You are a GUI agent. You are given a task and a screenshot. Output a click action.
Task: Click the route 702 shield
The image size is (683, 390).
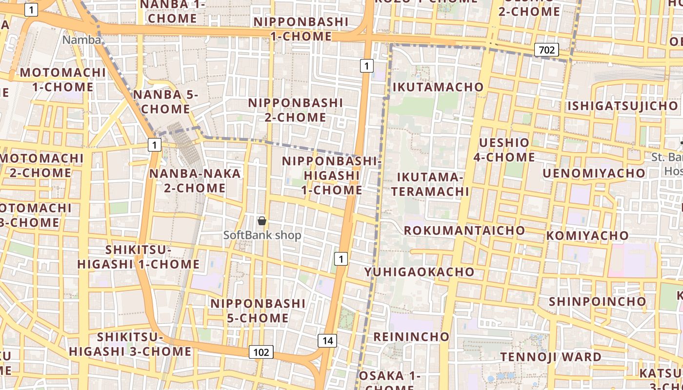(x=546, y=49)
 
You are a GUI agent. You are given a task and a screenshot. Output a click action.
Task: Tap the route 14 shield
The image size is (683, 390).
(x=327, y=341)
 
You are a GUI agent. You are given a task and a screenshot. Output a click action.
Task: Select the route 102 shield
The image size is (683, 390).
(x=261, y=352)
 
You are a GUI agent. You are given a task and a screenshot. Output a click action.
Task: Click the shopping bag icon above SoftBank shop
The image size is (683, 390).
(x=262, y=221)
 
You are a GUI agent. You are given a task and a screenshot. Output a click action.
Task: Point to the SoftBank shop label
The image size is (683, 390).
(x=262, y=235)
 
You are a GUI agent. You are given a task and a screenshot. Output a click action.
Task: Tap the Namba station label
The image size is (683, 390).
(x=81, y=40)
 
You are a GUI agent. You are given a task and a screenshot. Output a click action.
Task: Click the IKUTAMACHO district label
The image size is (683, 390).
(x=438, y=87)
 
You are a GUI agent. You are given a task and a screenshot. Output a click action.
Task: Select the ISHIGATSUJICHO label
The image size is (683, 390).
(x=623, y=106)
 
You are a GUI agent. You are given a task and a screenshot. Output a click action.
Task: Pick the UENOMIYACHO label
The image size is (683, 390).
(x=594, y=173)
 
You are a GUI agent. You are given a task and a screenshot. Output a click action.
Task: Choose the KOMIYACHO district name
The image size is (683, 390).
(x=587, y=235)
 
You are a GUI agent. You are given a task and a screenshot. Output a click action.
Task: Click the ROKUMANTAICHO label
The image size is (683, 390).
(x=464, y=230)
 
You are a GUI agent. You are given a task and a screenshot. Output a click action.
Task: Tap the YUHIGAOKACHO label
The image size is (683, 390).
(x=419, y=272)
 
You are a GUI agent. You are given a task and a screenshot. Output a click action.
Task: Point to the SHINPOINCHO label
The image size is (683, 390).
(x=597, y=301)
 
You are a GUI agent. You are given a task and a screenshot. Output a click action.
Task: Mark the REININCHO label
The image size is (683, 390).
(x=411, y=336)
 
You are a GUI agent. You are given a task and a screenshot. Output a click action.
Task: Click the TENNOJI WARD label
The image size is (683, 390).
(x=551, y=357)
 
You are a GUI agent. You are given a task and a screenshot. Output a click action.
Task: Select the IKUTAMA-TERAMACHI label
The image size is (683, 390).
(x=430, y=184)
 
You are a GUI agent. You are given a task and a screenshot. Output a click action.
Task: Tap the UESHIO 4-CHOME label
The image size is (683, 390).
(x=504, y=150)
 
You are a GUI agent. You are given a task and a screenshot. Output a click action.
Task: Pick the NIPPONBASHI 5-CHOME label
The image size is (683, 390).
(x=258, y=311)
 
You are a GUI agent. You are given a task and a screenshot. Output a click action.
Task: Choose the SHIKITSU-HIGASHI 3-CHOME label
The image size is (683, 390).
(x=130, y=344)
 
